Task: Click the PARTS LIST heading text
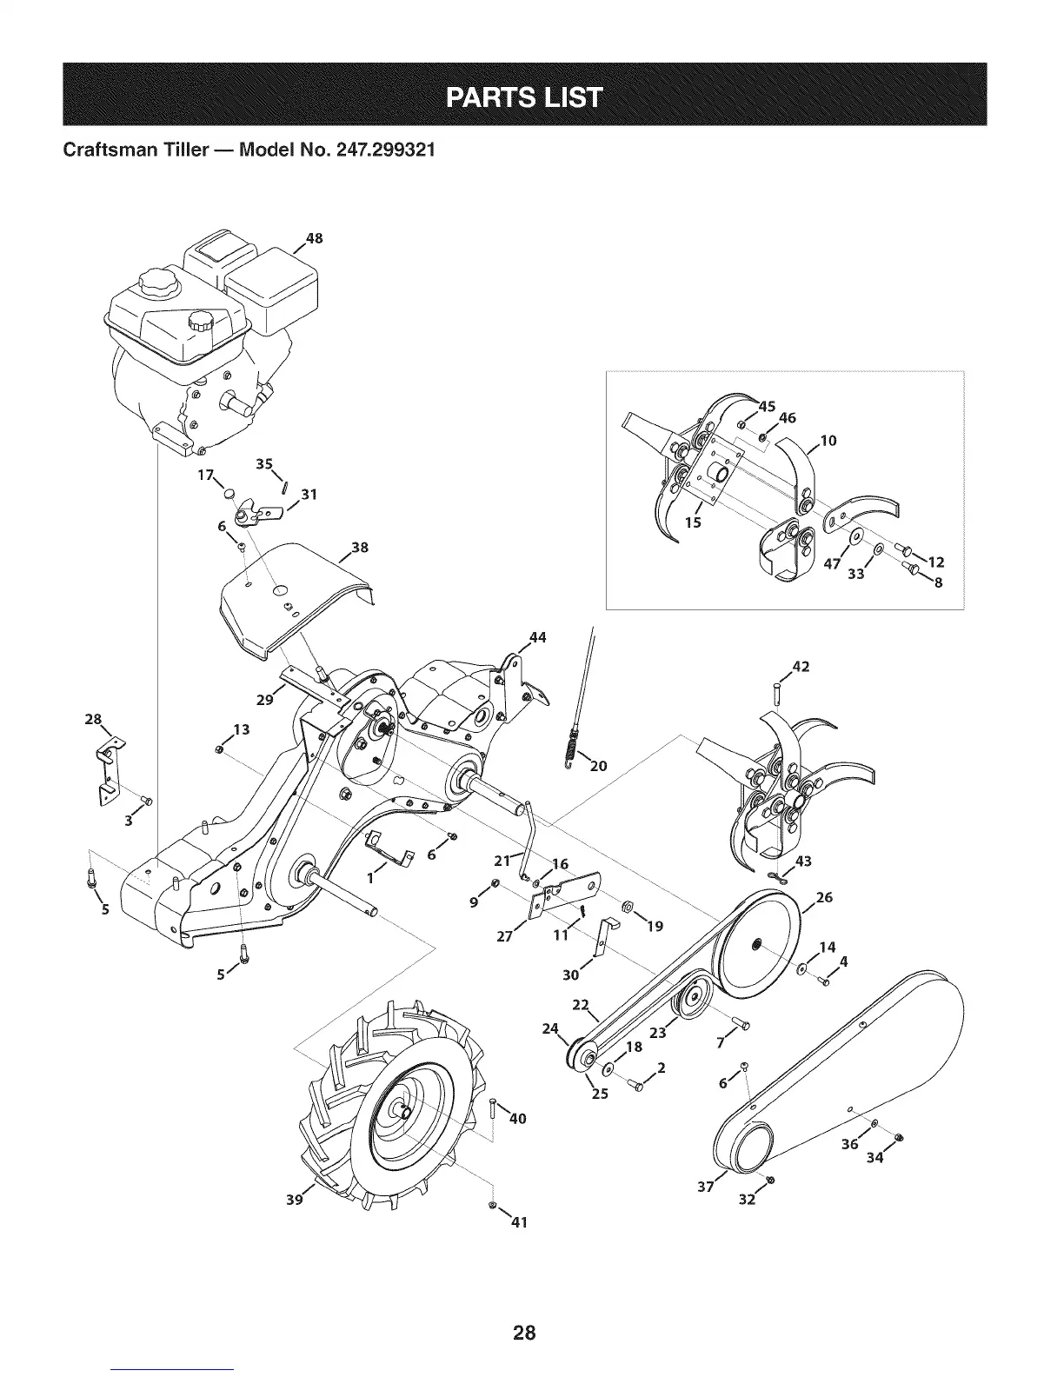tap(523, 95)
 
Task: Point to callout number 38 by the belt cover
tap(359, 548)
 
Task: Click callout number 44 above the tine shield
tap(537, 637)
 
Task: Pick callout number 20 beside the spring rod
tap(598, 766)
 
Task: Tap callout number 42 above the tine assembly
tap(801, 667)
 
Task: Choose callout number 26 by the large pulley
tap(824, 897)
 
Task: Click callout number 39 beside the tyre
tap(295, 1200)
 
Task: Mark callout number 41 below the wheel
tap(519, 1222)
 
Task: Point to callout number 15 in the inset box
tap(693, 522)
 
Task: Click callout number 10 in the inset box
tap(828, 441)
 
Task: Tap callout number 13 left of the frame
tap(242, 728)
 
